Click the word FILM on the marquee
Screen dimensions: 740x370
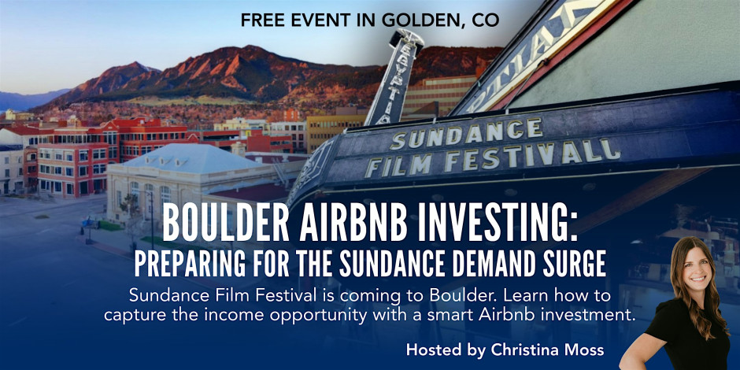coord(399,165)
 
